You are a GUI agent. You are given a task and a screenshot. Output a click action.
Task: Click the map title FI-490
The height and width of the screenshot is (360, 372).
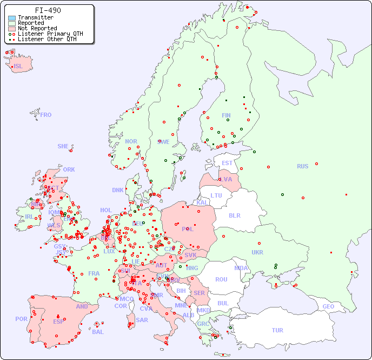pos(48,10)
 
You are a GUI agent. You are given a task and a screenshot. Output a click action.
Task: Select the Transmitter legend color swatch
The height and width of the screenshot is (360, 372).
pos(12,18)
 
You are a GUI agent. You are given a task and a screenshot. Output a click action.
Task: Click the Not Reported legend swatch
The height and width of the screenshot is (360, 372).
pos(12,29)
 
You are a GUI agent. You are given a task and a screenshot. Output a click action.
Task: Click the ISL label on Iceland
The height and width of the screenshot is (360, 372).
pos(18,67)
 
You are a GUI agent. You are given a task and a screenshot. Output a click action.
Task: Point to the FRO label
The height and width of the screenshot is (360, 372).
pos(46,115)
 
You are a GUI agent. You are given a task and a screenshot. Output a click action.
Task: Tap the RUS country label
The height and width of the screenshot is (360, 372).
pos(302,166)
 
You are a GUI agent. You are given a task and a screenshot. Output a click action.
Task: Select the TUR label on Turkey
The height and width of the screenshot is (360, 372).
pos(277,330)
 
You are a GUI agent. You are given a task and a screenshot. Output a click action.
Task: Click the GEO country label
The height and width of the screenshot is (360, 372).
pos(328,306)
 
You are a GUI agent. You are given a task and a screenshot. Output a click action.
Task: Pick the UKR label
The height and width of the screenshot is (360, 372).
pos(257,252)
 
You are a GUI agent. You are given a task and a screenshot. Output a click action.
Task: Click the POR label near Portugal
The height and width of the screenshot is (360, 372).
pos(21,319)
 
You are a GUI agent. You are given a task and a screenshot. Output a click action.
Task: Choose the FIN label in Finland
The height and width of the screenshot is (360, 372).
pos(226,115)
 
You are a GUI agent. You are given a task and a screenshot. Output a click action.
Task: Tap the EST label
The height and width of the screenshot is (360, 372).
pos(227,163)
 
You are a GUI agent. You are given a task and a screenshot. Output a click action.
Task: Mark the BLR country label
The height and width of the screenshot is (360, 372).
pos(235,215)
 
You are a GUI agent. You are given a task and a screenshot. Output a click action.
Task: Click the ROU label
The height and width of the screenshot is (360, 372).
pos(221,279)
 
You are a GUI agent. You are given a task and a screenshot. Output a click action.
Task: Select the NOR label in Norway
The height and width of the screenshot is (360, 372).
pos(131,141)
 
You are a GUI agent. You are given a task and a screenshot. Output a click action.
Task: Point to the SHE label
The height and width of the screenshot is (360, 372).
pos(63,146)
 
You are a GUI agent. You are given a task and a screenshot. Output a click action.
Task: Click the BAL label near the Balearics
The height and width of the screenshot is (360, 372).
pos(98,332)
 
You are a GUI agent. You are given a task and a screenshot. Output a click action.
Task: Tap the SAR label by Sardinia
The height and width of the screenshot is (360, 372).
pos(142,320)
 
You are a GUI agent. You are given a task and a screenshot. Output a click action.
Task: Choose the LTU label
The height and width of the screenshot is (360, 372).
pos(216,195)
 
